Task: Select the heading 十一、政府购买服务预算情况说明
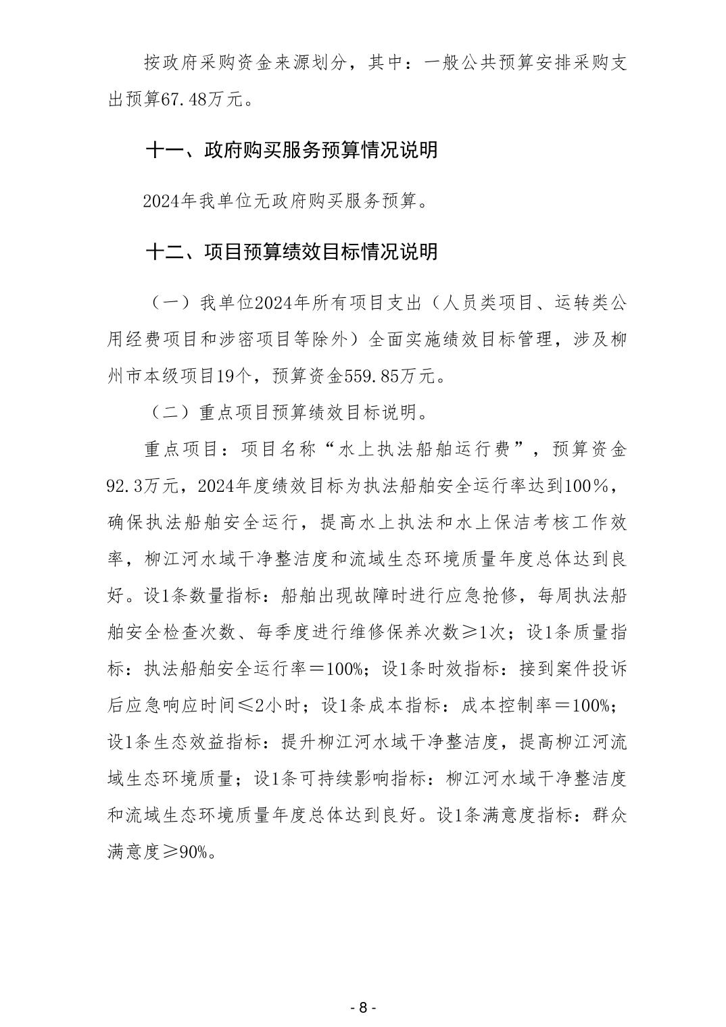point(291,149)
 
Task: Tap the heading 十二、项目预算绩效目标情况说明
point(291,252)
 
